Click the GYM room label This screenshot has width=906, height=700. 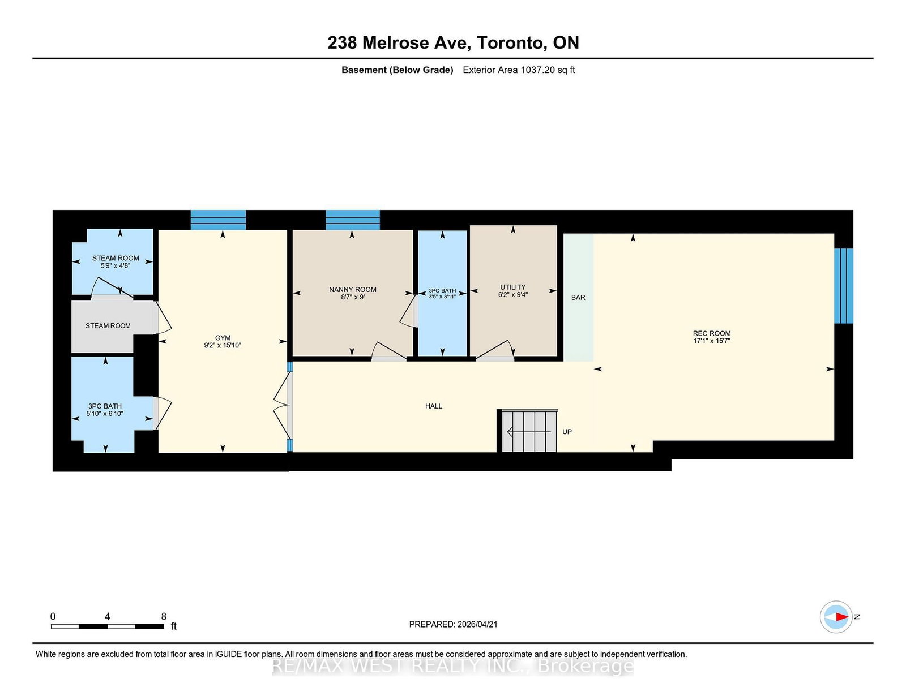[223, 338]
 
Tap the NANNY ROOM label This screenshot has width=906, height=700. [353, 290]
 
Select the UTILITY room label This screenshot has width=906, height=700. [513, 287]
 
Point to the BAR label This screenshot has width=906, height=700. [578, 298]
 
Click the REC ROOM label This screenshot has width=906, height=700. [712, 333]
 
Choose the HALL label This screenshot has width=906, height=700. [434, 406]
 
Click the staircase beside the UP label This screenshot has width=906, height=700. [529, 431]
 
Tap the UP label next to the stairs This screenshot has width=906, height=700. [567, 432]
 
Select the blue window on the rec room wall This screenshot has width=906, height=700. [844, 286]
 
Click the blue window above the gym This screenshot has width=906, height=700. [218, 220]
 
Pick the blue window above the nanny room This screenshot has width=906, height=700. [353, 220]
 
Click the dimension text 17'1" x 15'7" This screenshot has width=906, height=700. [712, 341]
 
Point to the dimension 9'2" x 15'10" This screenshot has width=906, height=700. [223, 345]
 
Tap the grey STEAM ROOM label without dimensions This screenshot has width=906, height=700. [108, 326]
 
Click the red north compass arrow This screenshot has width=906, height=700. [842, 617]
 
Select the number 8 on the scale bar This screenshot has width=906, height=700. [164, 616]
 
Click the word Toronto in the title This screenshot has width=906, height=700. [511, 42]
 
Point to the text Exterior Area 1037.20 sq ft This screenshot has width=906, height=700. [519, 70]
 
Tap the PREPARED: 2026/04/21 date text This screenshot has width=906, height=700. [453, 624]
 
